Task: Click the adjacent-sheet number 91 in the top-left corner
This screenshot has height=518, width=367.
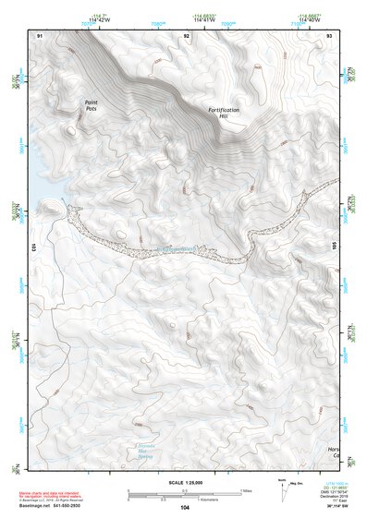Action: pyautogui.click(x=40, y=35)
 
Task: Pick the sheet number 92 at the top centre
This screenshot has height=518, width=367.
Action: pyautogui.click(x=187, y=35)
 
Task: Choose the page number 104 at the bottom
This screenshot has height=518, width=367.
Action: pyautogui.click(x=185, y=508)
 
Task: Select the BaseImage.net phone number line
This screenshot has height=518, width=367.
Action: pyautogui.click(x=54, y=507)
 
